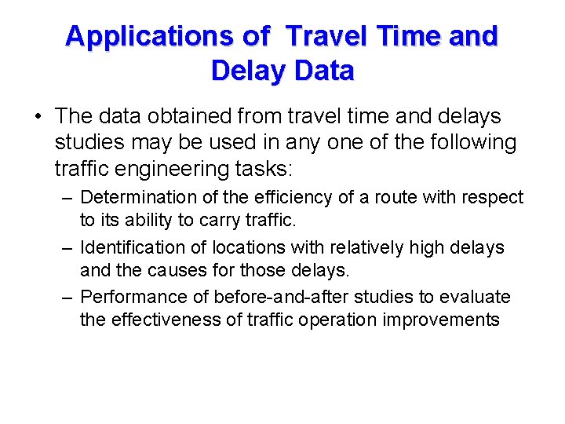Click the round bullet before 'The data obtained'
[x=38, y=118]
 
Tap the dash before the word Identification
[x=67, y=247]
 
